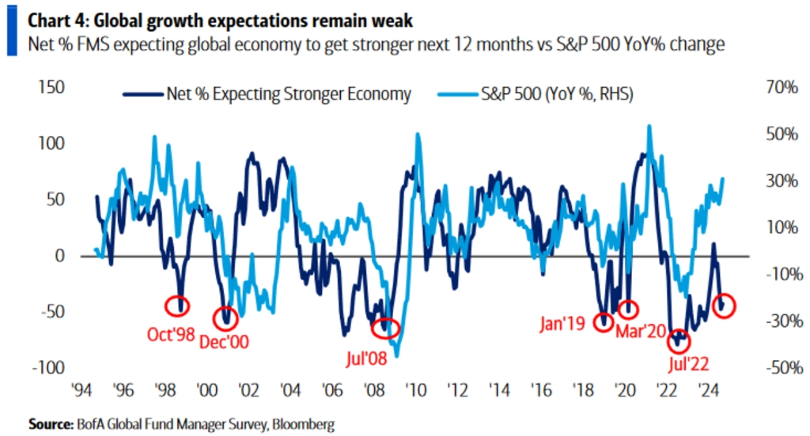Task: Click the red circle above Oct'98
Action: (177, 305)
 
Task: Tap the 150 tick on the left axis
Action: (50, 88)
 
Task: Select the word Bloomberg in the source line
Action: (304, 425)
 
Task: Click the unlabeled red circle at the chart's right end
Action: (724, 305)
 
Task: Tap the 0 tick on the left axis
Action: (60, 256)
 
